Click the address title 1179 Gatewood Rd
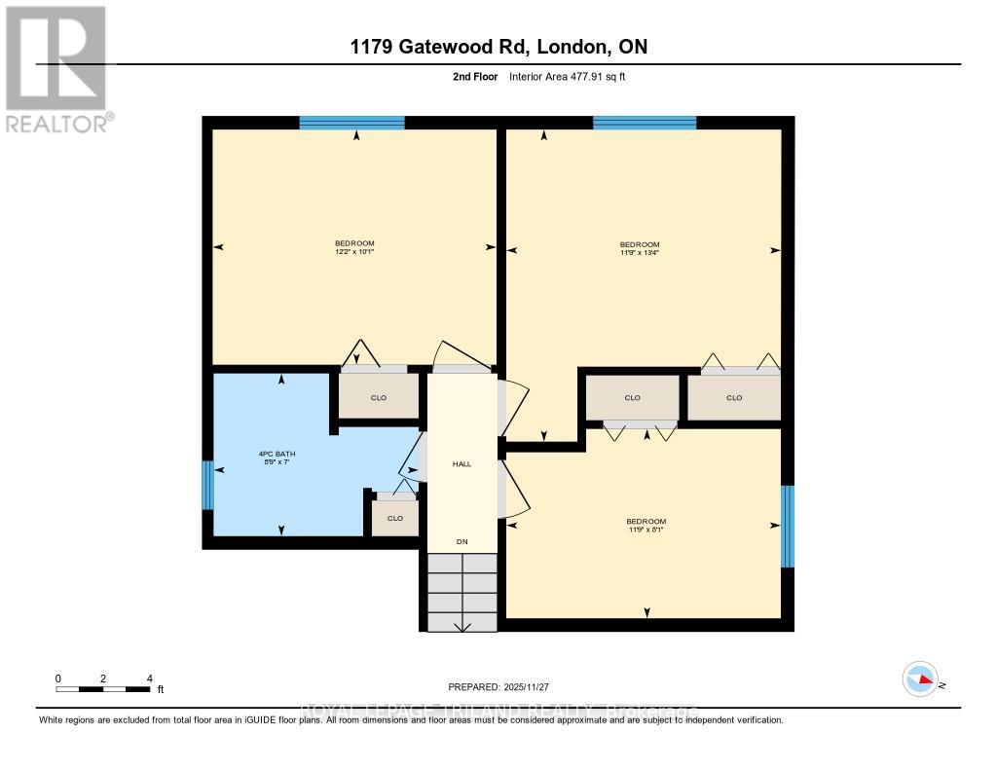click(x=498, y=47)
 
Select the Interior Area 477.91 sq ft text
click(x=573, y=77)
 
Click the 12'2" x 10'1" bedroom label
click(x=354, y=247)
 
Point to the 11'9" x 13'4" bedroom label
click(x=640, y=248)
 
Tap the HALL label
click(x=462, y=464)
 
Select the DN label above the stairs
click(x=462, y=541)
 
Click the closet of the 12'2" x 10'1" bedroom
click(x=379, y=397)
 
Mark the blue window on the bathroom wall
click(x=206, y=485)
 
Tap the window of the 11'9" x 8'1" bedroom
click(x=788, y=527)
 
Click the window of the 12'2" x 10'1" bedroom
click(x=351, y=123)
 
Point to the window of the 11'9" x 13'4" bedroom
click(x=645, y=123)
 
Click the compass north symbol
click(x=920, y=679)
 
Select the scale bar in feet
click(x=103, y=689)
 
